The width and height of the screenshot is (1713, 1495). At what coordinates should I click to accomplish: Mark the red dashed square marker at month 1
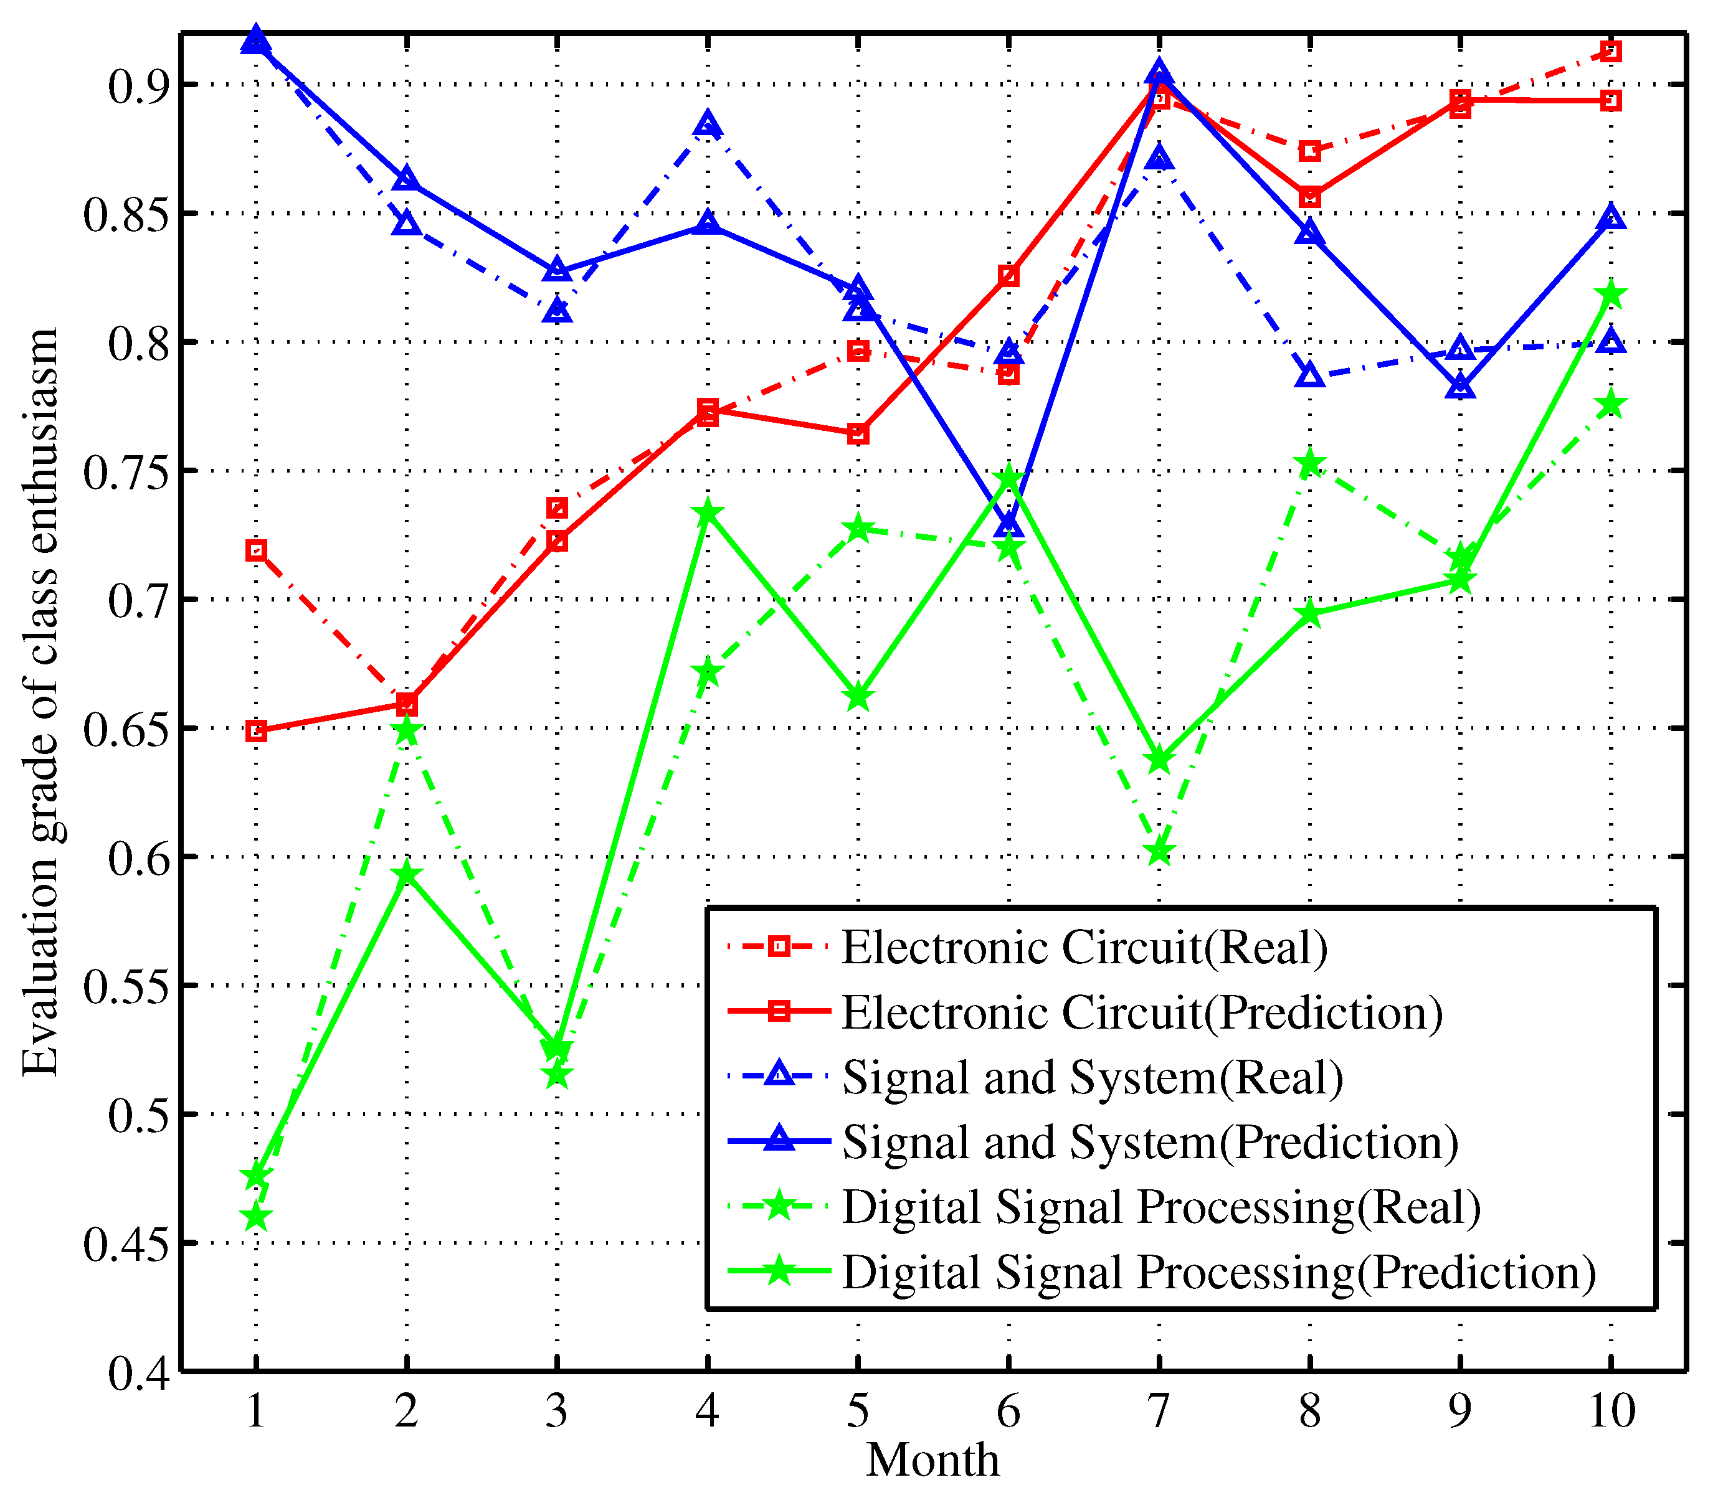pyautogui.click(x=256, y=550)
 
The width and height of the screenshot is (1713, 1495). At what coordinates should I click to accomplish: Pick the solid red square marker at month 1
pyautogui.click(x=256, y=732)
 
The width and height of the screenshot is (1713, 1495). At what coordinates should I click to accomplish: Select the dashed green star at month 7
pyautogui.click(x=1159, y=852)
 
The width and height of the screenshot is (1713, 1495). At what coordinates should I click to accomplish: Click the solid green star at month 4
pyautogui.click(x=708, y=511)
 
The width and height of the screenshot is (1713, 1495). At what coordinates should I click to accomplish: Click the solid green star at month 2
pyautogui.click(x=406, y=874)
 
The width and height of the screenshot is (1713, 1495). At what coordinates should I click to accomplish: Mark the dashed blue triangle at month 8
pyautogui.click(x=1310, y=376)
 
